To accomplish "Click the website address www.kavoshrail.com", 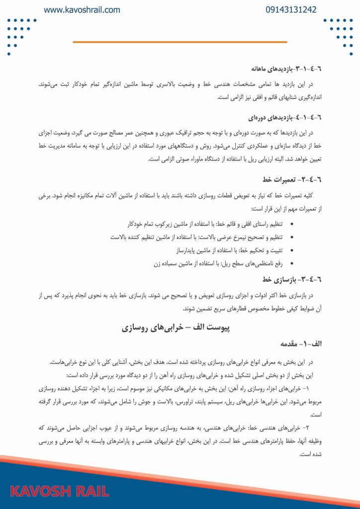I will tap(82, 10).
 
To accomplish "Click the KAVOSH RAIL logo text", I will tap(60, 492).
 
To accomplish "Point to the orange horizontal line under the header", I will tap(180, 42).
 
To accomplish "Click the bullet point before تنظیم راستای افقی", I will tap(291, 225).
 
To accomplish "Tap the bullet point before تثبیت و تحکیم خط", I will tap(291, 250).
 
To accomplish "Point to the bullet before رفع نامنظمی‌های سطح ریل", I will tap(291, 263).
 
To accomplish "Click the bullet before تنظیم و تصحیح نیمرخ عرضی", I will tap(291, 237).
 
